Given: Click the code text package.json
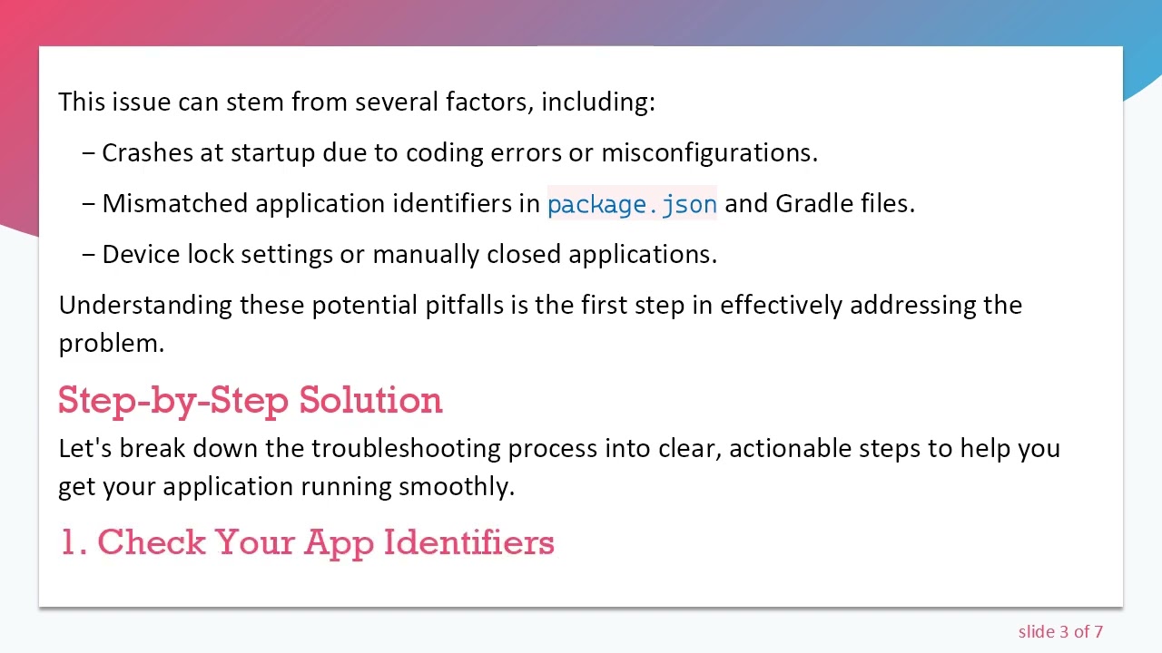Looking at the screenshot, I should (632, 205).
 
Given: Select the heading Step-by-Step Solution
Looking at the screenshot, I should (251, 401).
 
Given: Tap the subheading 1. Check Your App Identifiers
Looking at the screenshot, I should (307, 542).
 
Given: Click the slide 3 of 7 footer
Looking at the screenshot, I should (1059, 632).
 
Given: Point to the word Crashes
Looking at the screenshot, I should (147, 153).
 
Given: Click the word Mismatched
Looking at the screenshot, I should (175, 204).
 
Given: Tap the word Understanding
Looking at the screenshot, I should (145, 306).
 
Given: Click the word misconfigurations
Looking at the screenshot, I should (709, 153).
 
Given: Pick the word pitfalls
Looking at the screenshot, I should (464, 306).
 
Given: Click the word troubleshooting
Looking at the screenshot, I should (406, 449).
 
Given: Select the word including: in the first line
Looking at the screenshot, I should (597, 102).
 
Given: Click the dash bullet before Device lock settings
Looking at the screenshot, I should (88, 255).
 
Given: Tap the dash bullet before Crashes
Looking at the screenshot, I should (88, 153).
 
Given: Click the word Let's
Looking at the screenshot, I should (84, 449).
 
